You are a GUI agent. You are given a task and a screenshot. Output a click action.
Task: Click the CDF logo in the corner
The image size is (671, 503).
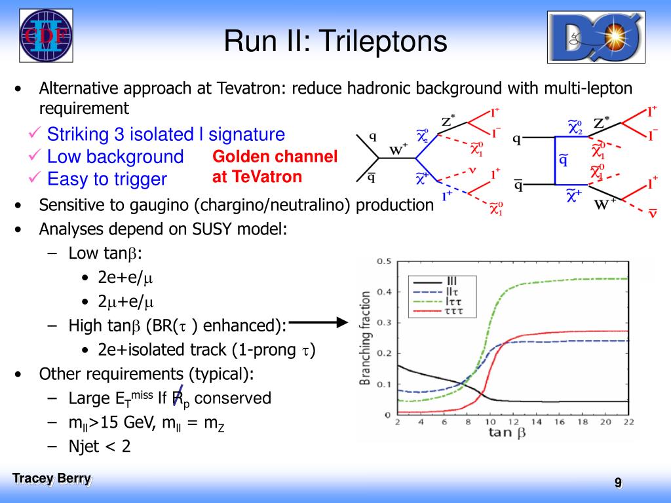tap(47, 35)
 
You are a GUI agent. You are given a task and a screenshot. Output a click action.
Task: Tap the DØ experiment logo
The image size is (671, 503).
tap(596, 37)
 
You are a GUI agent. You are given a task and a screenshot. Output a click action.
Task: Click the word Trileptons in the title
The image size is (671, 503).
tap(383, 41)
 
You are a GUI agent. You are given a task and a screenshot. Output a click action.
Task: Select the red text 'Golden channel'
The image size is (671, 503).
tap(275, 157)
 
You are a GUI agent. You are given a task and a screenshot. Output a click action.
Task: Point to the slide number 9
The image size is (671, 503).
tap(619, 483)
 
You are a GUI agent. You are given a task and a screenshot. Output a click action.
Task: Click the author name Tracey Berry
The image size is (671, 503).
tap(52, 478)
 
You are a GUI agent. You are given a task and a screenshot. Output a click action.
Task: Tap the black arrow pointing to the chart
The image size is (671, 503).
tap(319, 322)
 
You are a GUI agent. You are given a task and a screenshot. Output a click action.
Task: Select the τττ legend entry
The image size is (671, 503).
tap(437, 311)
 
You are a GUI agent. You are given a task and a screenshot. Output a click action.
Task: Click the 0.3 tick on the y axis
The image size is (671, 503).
tap(384, 322)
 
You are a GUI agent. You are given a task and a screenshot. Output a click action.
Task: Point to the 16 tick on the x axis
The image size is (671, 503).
tap(560, 422)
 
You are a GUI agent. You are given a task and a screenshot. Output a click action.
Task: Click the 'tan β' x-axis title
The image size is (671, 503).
tap(507, 433)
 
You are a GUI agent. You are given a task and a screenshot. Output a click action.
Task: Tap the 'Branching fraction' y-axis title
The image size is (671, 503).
tap(365, 338)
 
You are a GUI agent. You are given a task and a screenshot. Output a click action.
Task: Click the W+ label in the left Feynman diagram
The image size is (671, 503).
tap(398, 149)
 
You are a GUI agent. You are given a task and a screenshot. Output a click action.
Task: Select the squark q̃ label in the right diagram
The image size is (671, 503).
tap(564, 160)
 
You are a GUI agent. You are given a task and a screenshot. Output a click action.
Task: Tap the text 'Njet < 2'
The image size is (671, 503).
tap(100, 447)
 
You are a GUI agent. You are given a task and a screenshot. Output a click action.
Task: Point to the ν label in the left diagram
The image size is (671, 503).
tap(472, 171)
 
